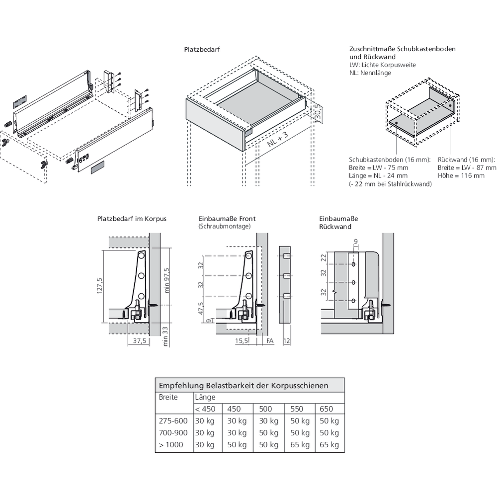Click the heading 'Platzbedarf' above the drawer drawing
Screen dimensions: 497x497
click(202, 50)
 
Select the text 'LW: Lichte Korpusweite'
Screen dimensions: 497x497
click(383, 65)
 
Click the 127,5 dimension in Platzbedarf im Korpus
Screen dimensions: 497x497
click(99, 285)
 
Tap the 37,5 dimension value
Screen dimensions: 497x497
click(140, 341)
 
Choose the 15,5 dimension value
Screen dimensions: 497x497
click(242, 341)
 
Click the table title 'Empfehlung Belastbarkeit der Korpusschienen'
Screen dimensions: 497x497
click(243, 385)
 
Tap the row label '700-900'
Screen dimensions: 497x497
click(172, 433)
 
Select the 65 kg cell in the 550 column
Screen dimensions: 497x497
click(299, 445)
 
